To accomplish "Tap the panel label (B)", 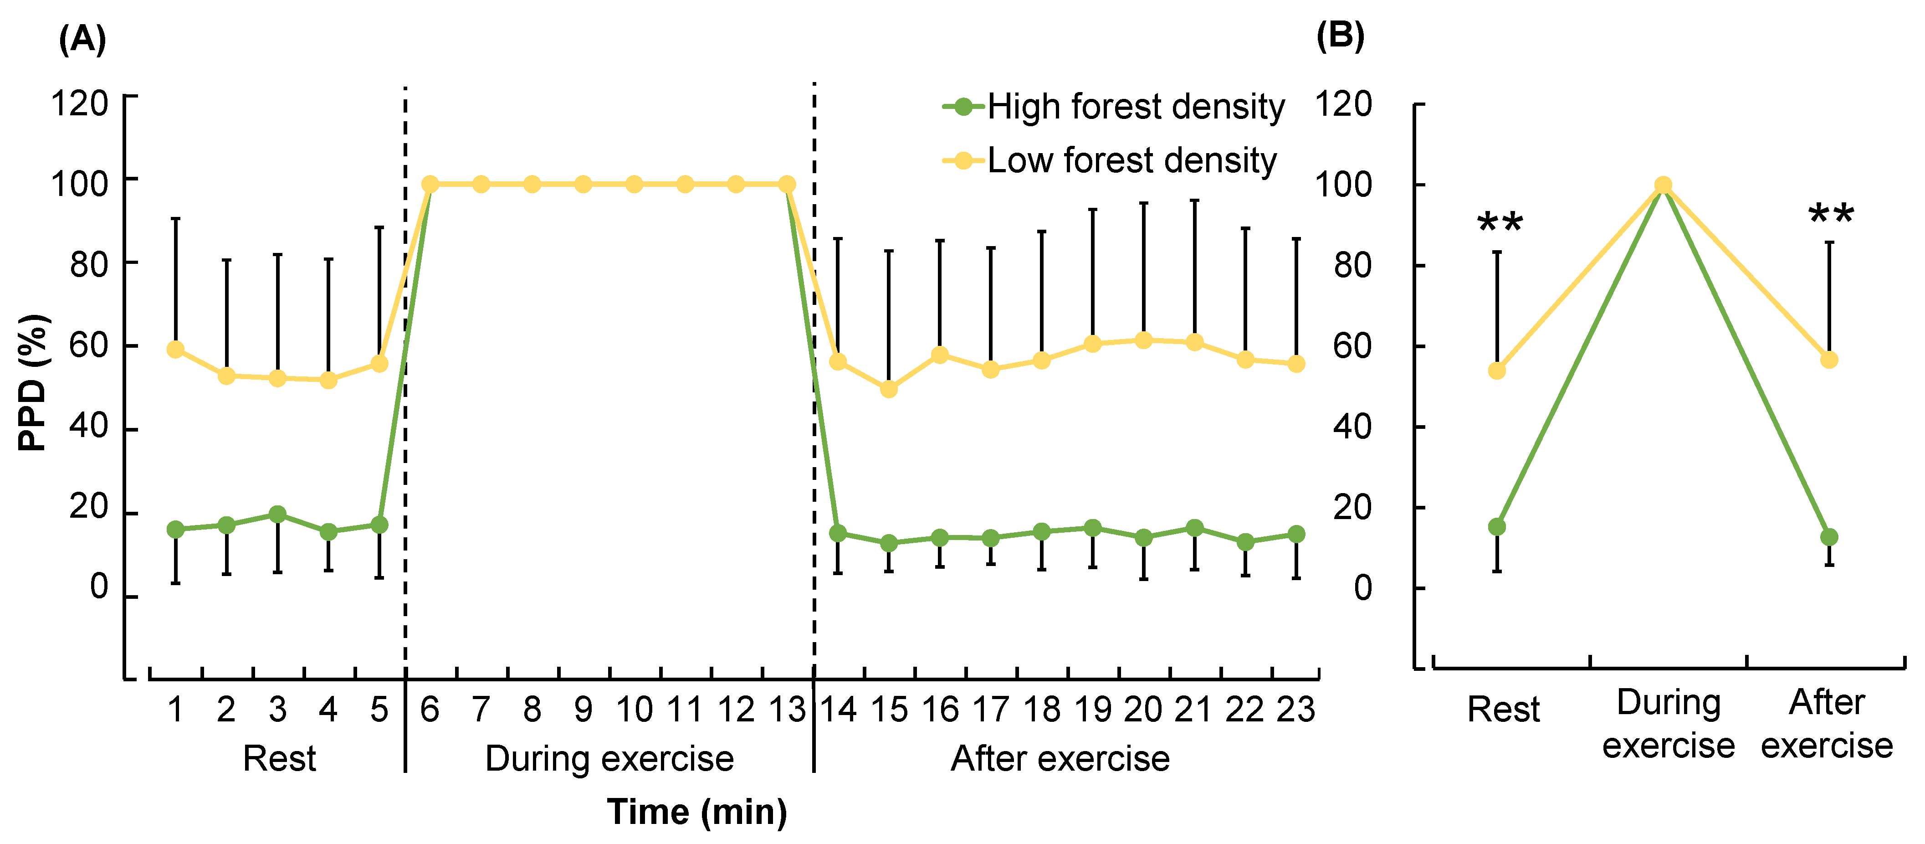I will pos(1340,35).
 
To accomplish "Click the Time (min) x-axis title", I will pos(696,811).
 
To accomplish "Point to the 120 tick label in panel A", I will pos(79,103).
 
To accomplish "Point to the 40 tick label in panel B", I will pos(1352,427).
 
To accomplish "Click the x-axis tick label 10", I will pos(634,709).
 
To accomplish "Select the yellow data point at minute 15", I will pos(889,389).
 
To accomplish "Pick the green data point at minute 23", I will pos(1296,534).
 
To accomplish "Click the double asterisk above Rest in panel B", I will pos(1500,223).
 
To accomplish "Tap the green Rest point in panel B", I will pos(1497,527).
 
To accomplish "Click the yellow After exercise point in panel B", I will pos(1828,360).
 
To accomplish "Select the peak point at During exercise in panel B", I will pos(1663,185).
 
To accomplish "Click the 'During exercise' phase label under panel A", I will pos(609,759).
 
